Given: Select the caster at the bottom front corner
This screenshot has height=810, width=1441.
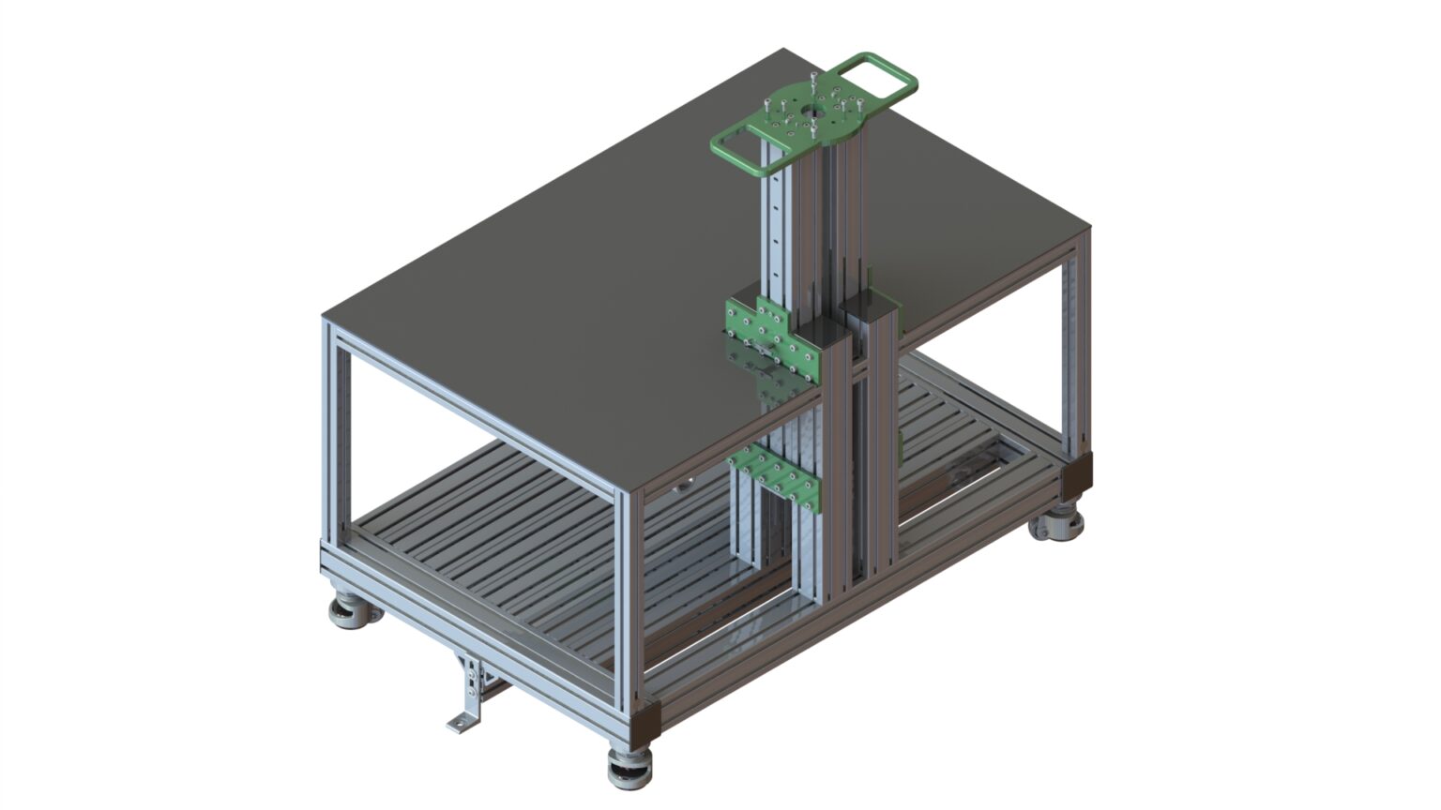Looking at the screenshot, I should coord(629,768).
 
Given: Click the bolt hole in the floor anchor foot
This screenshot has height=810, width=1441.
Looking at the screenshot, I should coord(459,722).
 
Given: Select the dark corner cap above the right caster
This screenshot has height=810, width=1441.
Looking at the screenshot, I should coord(1077,473).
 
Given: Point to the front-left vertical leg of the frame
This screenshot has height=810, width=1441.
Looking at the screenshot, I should coord(333,431).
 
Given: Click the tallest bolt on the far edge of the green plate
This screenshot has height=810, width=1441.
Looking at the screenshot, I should coord(812,79).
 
